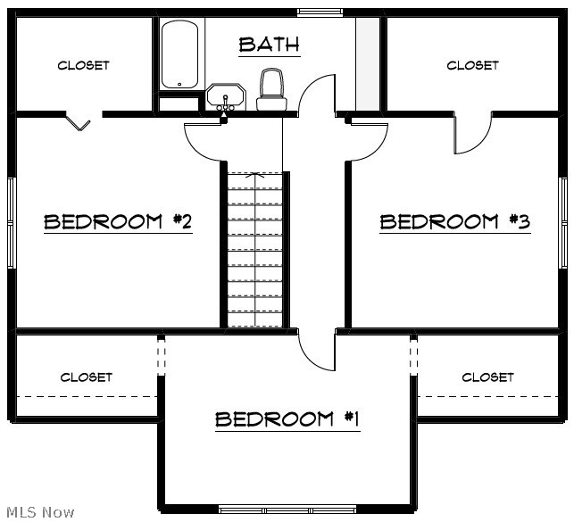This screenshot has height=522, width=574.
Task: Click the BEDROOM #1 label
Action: pos(287,418)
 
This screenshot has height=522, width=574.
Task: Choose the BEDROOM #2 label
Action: pos(118,221)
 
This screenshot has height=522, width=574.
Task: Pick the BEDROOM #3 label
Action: pos(455,221)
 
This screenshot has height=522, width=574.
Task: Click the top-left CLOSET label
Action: pos(83,65)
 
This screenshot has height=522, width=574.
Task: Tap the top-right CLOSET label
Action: pos(472,65)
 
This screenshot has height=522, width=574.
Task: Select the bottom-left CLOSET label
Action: pos(87,377)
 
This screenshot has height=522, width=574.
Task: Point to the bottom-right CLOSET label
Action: pos(487,377)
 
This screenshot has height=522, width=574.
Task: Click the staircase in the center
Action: pos(255,250)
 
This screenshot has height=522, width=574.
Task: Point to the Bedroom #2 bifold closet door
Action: pos(80,122)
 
